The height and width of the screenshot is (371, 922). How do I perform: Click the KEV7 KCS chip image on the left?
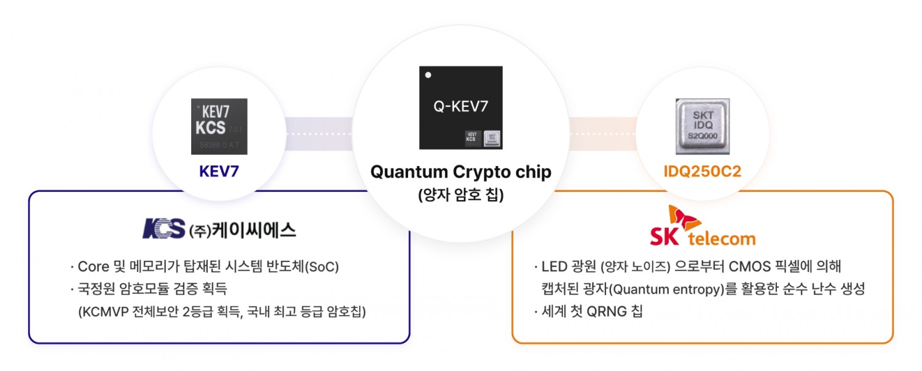point(219,126)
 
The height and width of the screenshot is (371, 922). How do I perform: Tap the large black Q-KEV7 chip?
point(460,108)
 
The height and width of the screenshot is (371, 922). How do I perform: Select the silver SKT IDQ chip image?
point(702,126)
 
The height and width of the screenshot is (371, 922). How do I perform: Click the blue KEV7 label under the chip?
point(219,171)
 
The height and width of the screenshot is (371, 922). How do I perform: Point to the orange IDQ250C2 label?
point(703,171)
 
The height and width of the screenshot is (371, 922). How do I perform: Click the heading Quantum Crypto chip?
point(460,172)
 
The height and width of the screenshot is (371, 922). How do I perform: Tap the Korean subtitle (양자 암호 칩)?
point(460,195)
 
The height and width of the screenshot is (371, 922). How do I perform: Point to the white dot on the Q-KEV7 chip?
point(428,75)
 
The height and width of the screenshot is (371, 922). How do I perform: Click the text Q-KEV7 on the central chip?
point(460,106)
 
